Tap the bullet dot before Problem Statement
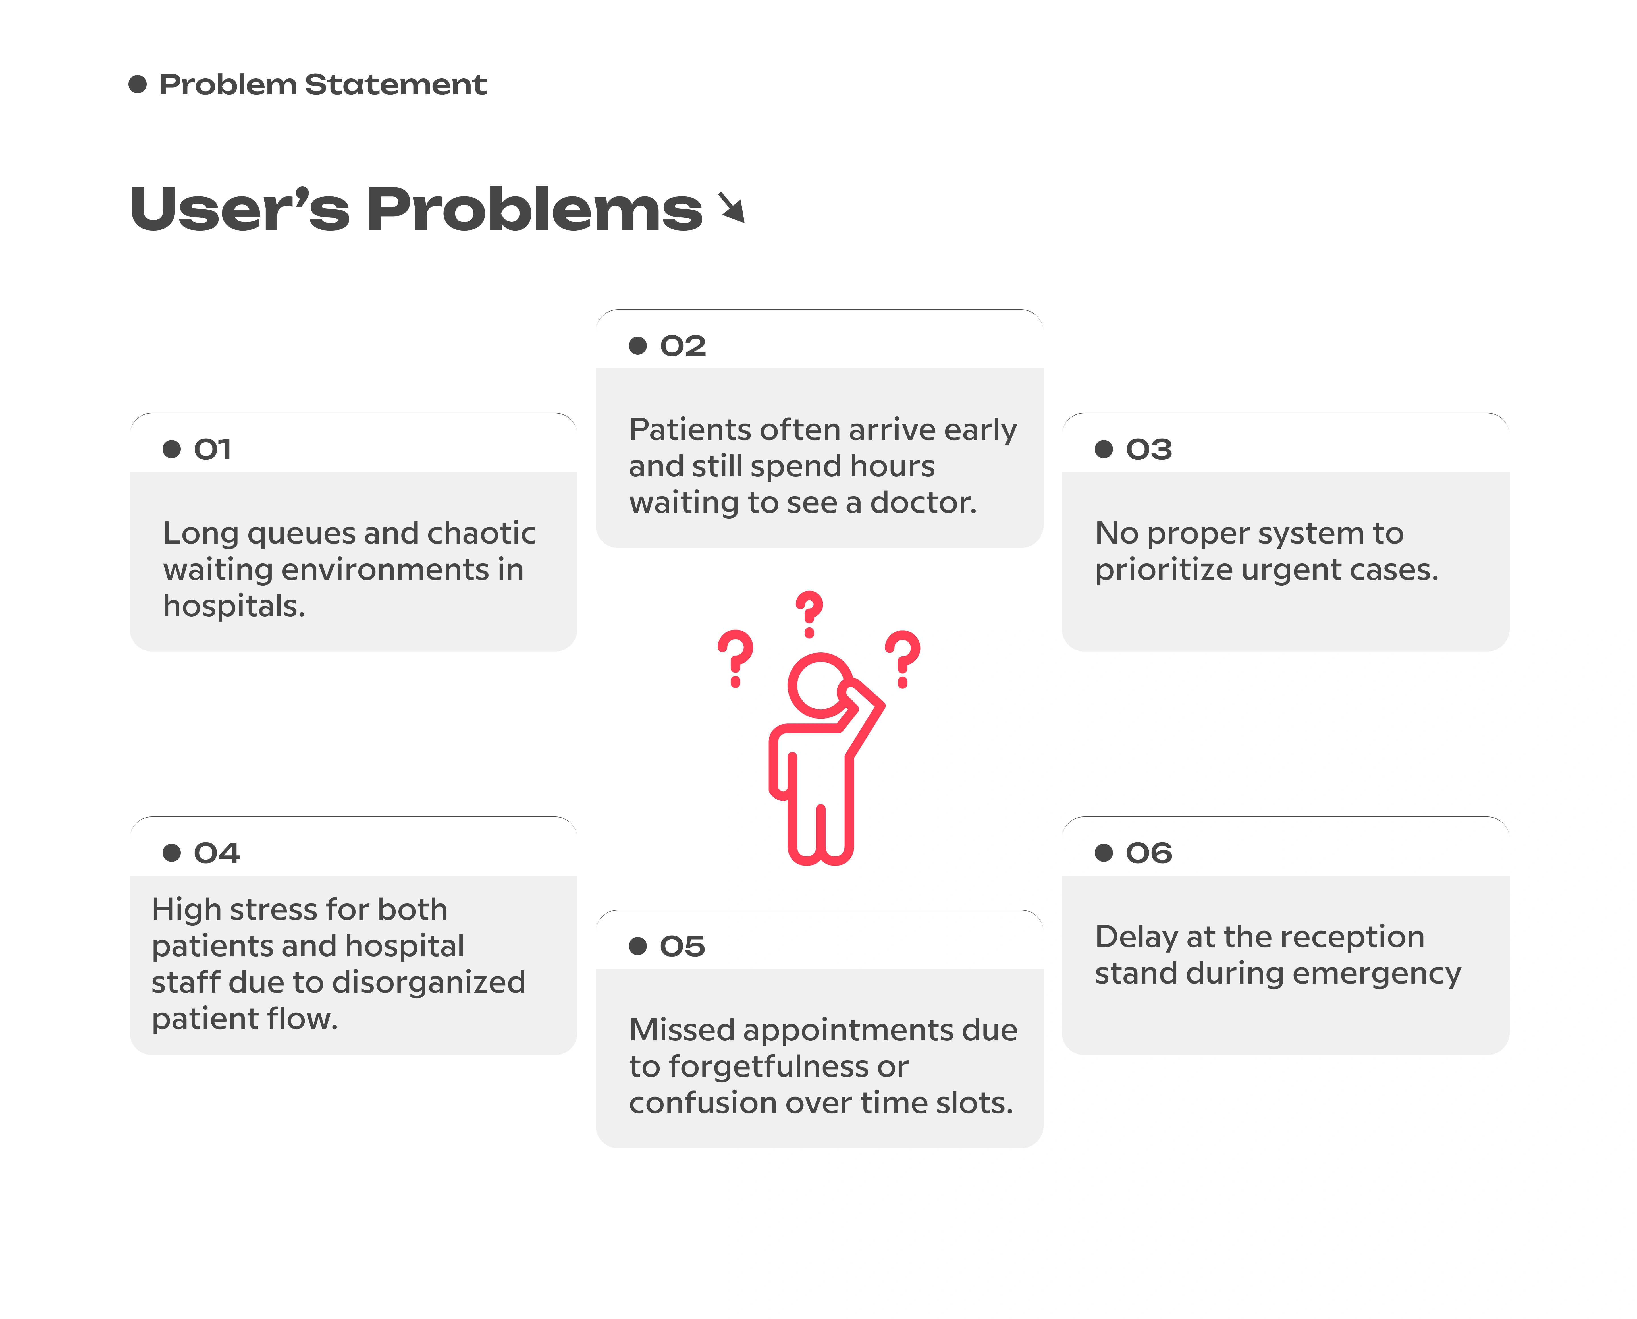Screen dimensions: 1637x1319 click(138, 84)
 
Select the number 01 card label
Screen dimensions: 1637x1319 click(212, 449)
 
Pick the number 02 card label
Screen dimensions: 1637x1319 click(683, 346)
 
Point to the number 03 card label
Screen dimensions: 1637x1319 click(1148, 449)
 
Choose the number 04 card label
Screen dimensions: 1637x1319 click(217, 853)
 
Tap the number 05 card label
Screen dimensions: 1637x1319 click(682, 946)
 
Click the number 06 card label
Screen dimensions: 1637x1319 click(1148, 853)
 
